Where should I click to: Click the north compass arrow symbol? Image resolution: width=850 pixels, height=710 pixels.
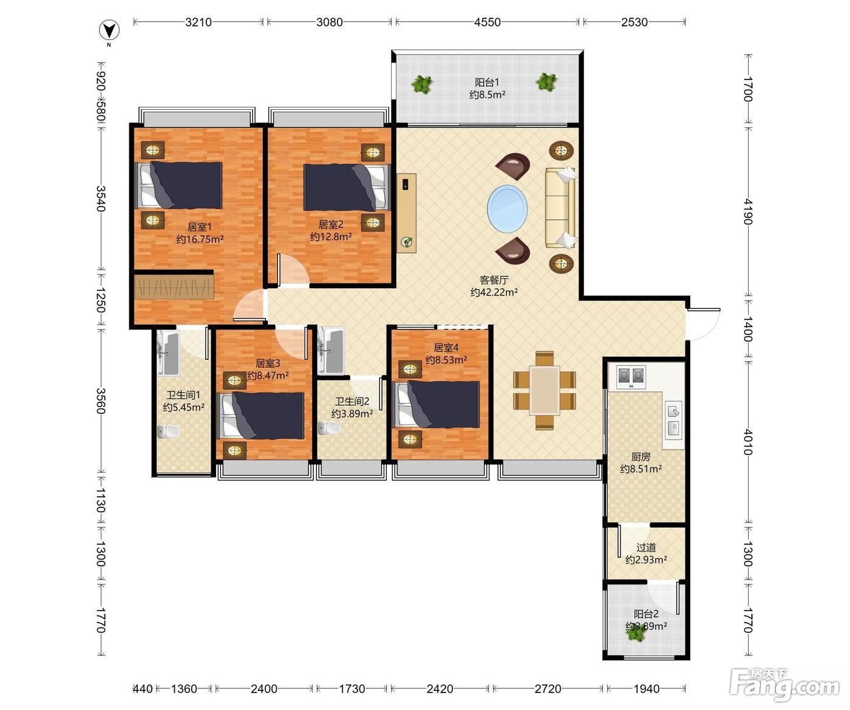pos(109,30)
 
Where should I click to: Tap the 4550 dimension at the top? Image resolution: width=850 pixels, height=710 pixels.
pos(488,22)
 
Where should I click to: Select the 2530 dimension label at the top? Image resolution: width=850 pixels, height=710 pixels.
pos(634,22)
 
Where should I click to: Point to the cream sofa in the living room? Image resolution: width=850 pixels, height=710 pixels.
pos(561,208)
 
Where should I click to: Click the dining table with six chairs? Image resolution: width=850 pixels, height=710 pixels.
pos(545,390)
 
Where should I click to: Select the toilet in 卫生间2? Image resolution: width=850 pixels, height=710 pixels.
pos(329,428)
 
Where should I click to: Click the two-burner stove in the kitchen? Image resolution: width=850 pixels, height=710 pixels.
pos(631,376)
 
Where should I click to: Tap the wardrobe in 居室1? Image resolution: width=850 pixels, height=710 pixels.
pos(174,287)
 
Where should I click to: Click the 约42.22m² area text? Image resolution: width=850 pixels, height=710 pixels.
pos(494,292)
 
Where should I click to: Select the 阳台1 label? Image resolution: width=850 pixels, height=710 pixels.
pos(488,83)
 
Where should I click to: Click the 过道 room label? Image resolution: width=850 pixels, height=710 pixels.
pos(646,547)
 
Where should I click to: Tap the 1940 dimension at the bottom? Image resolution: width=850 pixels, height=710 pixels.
pos(647,688)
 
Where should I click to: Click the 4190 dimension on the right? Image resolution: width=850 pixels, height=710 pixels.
pos(748,211)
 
